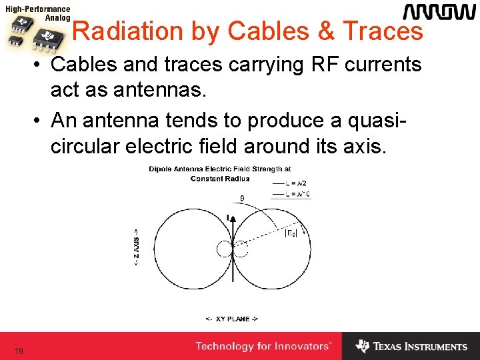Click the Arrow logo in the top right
click(439, 13)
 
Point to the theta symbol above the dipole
click(241, 198)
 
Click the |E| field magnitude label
click(291, 233)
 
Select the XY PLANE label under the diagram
click(231, 319)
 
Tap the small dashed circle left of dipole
click(223, 249)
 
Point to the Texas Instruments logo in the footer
click(411, 347)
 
